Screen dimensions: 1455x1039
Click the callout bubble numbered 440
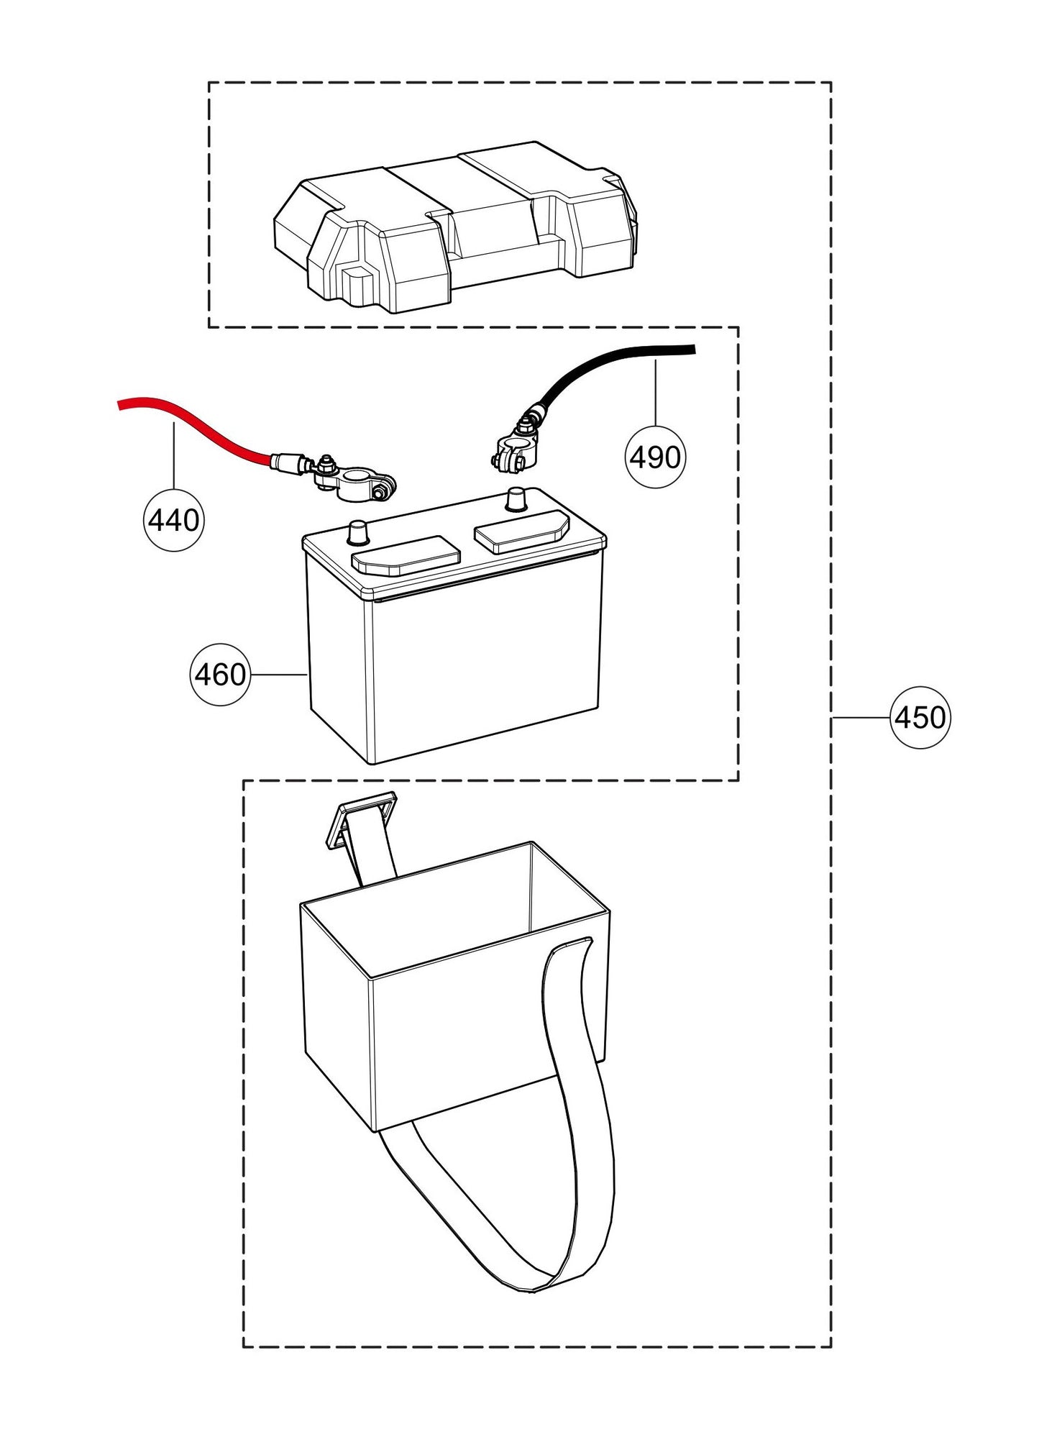tap(173, 520)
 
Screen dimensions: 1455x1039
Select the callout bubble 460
tap(219, 675)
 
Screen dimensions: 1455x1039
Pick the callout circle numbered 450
tap(920, 718)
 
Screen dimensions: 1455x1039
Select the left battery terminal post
tap(357, 532)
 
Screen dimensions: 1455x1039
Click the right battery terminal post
tap(516, 498)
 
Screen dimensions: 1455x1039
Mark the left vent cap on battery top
tap(405, 555)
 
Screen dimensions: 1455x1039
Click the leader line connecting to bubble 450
tap(861, 718)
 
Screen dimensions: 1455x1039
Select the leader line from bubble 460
tap(278, 675)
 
